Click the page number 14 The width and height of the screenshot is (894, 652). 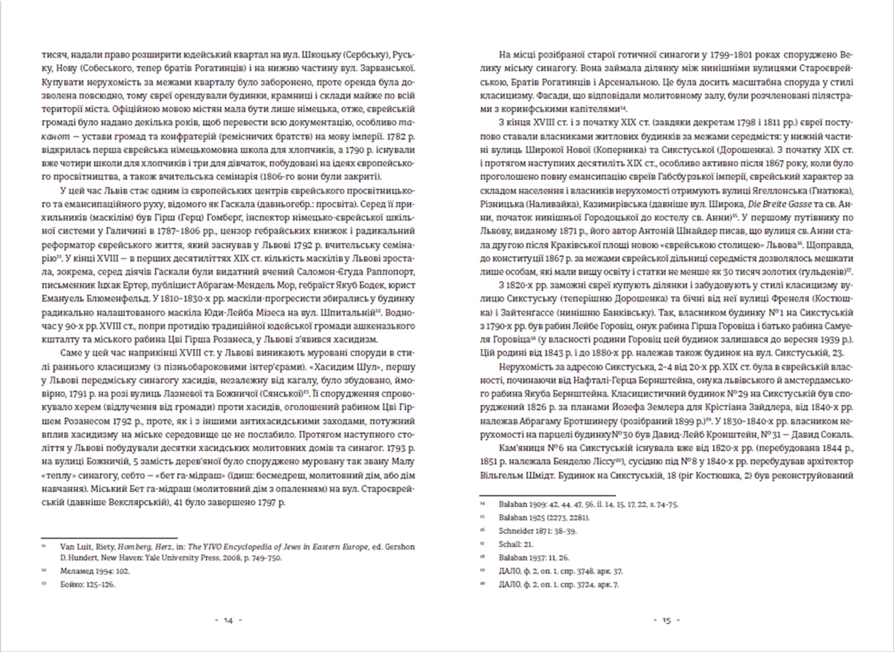pyautogui.click(x=228, y=620)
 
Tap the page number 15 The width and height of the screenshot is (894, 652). pyautogui.click(x=666, y=620)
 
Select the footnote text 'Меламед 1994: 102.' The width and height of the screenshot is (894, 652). pyautogui.click(x=95, y=571)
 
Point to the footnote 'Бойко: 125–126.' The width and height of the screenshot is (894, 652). pyautogui.click(x=87, y=584)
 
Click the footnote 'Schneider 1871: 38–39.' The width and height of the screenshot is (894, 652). pyautogui.click(x=537, y=531)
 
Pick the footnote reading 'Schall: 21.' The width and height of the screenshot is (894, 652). pyautogui.click(x=515, y=544)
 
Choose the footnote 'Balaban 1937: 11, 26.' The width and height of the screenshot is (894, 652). pyautogui.click(x=534, y=557)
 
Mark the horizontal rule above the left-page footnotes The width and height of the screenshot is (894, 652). pyautogui.click(x=109, y=538)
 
